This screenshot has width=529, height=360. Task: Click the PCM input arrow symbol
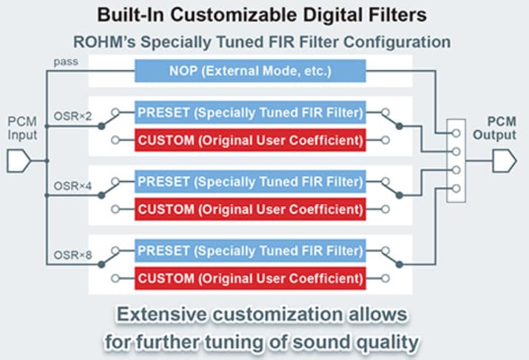point(21,159)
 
